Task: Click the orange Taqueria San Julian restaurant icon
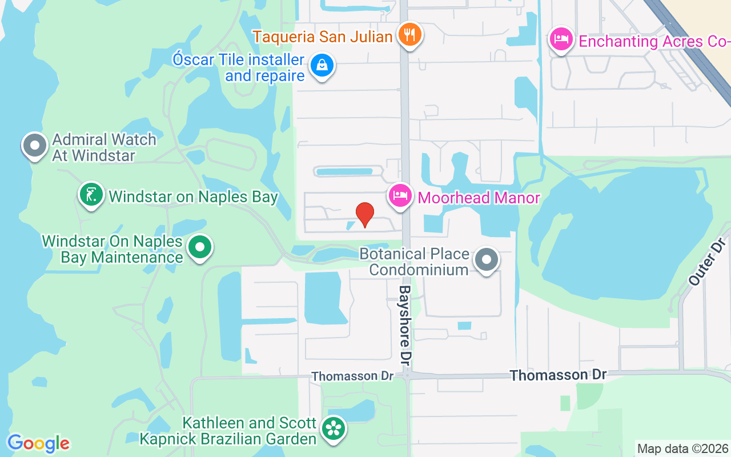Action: click(409, 35)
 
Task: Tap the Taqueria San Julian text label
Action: click(323, 37)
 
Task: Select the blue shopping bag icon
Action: click(322, 66)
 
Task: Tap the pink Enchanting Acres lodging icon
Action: click(561, 40)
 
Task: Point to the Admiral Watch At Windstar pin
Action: click(35, 146)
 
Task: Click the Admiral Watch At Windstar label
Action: click(104, 147)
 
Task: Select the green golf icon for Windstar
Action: click(91, 195)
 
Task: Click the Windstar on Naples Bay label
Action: click(193, 197)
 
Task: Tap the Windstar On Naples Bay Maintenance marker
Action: click(200, 248)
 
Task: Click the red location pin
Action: click(364, 215)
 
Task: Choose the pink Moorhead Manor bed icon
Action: click(400, 196)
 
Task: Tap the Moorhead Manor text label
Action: click(479, 198)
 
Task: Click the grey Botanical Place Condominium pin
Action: click(487, 260)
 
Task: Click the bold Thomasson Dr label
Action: click(558, 375)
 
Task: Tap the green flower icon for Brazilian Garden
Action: click(332, 428)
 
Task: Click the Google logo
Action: click(38, 443)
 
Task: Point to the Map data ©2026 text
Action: click(682, 448)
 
